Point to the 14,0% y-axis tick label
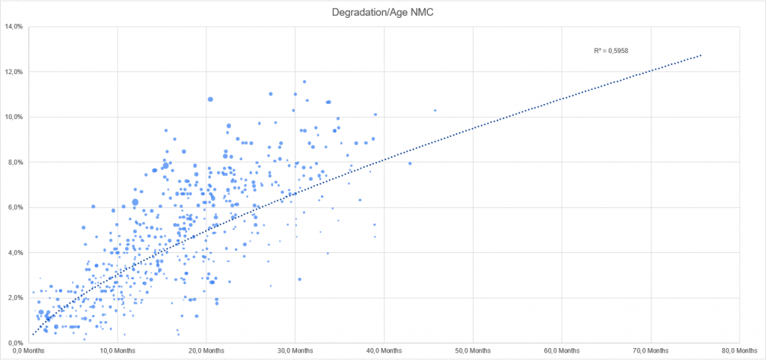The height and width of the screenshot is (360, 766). (x=14, y=27)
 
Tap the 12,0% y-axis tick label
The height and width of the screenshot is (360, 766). (x=14, y=72)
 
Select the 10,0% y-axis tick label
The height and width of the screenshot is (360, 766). (x=14, y=117)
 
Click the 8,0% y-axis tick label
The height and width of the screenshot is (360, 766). (x=16, y=162)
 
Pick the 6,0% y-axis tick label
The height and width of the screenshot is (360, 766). (x=16, y=207)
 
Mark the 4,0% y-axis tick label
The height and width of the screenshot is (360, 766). (x=16, y=253)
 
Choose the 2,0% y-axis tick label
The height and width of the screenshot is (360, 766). (x=16, y=298)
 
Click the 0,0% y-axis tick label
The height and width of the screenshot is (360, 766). (x=16, y=343)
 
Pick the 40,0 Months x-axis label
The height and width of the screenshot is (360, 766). (x=383, y=350)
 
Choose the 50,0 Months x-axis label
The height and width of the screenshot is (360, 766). (x=473, y=350)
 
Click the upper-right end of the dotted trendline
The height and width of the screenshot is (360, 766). (x=701, y=55)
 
